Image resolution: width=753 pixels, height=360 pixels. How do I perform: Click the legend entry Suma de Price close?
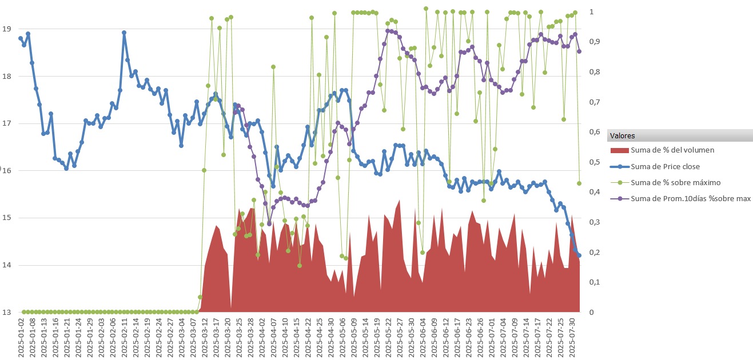(x=664, y=167)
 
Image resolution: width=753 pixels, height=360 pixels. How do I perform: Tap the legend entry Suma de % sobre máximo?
(x=675, y=183)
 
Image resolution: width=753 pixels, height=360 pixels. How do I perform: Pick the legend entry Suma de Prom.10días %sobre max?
(x=690, y=199)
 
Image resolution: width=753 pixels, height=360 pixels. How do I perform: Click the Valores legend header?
(x=622, y=136)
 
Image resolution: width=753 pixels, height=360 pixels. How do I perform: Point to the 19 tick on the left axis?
(x=7, y=29)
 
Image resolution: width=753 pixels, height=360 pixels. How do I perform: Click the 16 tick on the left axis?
(x=7, y=170)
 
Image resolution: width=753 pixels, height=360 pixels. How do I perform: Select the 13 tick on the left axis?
(x=7, y=312)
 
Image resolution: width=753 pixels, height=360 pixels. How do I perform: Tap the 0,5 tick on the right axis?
(x=595, y=162)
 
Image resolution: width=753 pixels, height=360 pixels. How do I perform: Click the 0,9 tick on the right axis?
(x=595, y=42)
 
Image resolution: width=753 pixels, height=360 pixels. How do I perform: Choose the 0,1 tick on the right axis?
(x=595, y=282)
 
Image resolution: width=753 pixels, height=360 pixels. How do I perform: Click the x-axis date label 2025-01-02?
(x=21, y=337)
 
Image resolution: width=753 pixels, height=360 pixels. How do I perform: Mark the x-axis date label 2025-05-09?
(x=354, y=337)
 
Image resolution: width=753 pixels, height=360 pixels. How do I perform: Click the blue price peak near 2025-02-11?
(x=124, y=33)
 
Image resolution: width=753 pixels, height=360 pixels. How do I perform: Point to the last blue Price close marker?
(x=579, y=255)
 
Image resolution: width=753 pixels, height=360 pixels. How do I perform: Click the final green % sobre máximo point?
(x=579, y=183)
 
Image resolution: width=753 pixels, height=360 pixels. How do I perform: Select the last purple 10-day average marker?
(x=579, y=51)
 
